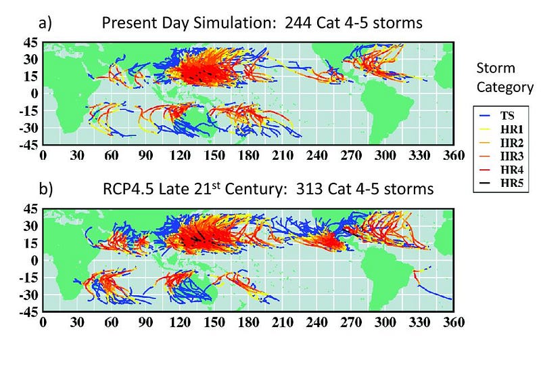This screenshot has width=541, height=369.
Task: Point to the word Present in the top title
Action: (126, 23)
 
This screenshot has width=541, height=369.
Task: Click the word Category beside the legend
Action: (504, 87)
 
